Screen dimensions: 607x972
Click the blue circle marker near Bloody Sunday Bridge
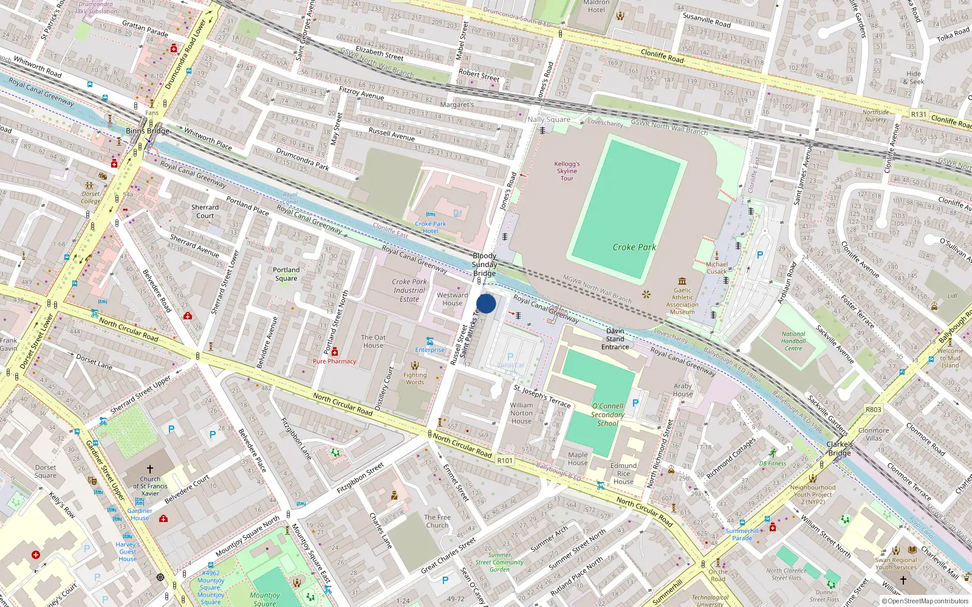(486, 303)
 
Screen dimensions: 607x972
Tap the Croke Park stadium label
(634, 247)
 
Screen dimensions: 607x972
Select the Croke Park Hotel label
(430, 227)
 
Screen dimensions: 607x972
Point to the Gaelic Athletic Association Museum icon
(682, 281)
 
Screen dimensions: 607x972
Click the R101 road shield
(505, 461)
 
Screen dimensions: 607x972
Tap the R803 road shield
(873, 409)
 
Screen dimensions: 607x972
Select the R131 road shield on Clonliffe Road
(919, 114)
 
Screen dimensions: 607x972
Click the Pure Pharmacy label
(334, 361)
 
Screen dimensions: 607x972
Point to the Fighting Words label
(415, 378)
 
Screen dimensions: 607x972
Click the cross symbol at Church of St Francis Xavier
(150, 469)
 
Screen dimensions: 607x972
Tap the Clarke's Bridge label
(839, 449)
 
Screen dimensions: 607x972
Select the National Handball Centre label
(793, 341)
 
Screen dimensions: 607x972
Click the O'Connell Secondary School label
(607, 415)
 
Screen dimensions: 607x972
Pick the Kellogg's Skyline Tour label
(567, 171)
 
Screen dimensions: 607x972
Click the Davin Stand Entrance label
(615, 339)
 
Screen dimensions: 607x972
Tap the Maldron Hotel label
(596, 6)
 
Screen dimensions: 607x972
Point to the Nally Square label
(549, 120)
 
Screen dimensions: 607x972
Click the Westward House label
(452, 299)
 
